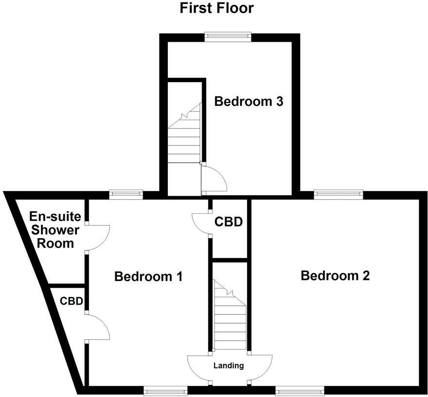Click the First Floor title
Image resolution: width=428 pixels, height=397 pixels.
216,8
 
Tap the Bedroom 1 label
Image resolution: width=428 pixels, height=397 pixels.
148,277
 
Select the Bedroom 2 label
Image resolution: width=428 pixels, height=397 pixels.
335,276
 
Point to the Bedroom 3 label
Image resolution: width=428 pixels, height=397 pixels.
249,102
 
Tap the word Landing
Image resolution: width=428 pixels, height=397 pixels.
229,365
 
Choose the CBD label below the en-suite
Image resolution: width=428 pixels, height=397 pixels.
70,301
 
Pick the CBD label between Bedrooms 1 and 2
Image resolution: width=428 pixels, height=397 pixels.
229,222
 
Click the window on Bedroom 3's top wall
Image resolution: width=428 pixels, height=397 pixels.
227,35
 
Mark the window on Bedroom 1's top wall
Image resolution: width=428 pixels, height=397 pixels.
126,194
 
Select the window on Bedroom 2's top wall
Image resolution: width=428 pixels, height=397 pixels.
339,194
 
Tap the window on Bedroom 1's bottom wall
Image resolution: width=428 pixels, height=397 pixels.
165,390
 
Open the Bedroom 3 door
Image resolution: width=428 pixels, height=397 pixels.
214,178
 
